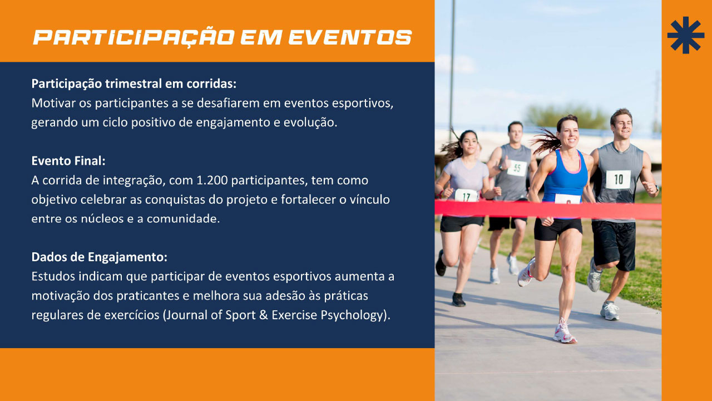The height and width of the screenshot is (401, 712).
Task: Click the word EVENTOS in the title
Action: (350, 37)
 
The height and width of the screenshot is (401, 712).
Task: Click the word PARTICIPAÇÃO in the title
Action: (134, 38)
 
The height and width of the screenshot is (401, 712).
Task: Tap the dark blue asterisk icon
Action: (686, 35)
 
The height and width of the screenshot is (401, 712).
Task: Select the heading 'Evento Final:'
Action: (68, 161)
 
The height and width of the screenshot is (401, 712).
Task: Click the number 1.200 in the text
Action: (212, 180)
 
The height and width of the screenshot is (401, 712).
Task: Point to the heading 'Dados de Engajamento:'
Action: (99, 257)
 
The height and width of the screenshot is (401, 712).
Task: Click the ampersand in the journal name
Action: (264, 315)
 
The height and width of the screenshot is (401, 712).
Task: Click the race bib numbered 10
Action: (618, 179)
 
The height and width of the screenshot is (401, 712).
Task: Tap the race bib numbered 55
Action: (517, 168)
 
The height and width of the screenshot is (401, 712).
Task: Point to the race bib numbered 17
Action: (466, 195)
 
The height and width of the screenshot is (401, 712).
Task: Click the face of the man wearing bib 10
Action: (622, 125)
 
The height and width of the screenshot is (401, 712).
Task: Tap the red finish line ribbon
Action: (548, 210)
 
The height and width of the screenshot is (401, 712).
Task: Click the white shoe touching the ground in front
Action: (564, 332)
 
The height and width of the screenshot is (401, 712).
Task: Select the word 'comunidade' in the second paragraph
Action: (183, 219)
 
